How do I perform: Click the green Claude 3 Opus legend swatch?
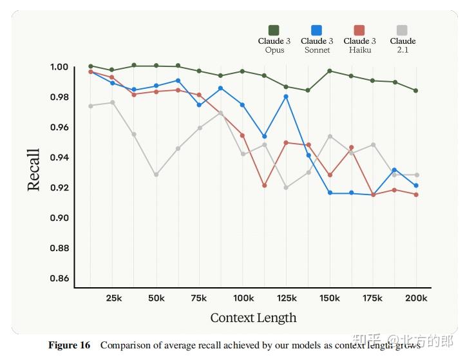coord(274,30)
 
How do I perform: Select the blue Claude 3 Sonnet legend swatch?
coord(316,30)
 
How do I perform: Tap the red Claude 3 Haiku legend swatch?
coord(359,30)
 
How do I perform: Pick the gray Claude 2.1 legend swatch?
coord(402,30)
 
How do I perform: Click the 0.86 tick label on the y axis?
coord(59,279)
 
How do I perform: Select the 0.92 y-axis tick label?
coord(59,188)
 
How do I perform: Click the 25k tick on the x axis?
coord(113,298)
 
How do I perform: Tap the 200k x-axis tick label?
coord(416,298)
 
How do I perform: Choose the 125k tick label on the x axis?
coord(286,298)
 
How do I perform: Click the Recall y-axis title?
coord(34,169)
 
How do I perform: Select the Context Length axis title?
coord(253,317)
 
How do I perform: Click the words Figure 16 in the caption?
coord(70,345)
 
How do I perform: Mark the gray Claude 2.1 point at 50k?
coord(157,175)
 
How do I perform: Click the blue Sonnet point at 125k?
coord(286,97)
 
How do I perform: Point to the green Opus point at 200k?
coord(416,90)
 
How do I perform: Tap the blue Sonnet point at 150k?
coord(330,193)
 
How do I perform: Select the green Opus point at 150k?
coord(330,71)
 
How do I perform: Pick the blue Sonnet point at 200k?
coord(416,185)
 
